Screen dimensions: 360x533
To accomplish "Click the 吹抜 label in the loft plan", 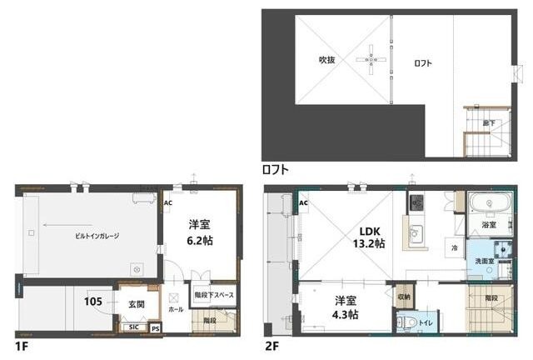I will pos(327,60).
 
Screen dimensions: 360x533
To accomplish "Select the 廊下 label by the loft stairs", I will pos(489,123).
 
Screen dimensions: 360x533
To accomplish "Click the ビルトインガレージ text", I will pos(93,236).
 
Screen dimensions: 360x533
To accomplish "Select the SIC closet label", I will pos(133,327).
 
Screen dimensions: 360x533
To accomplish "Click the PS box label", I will pos(156,328).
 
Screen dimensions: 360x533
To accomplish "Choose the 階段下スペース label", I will pos(214,294).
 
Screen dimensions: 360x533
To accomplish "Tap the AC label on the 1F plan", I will pos(167,202).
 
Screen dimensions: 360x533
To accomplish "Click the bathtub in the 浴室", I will pos(489,206).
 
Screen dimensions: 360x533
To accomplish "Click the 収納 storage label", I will pos(404,296).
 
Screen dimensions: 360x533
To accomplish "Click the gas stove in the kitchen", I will pos(416,202).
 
